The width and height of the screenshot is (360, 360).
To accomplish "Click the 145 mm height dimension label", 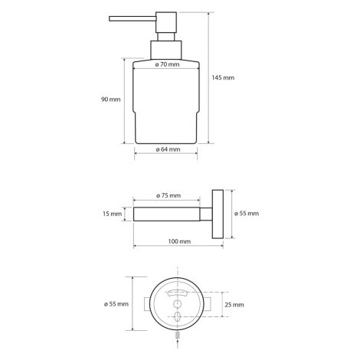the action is tap(223, 77).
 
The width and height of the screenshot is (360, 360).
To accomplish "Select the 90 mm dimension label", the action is tap(111, 100).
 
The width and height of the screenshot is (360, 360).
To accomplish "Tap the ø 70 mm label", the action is tap(167, 64).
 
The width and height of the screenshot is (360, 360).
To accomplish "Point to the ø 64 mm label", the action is tap(168, 149).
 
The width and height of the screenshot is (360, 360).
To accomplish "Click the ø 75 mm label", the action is tap(169, 195).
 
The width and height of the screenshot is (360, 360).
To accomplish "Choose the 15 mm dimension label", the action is tap(113, 214).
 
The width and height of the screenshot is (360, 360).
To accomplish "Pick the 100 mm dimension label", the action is tap(179, 241).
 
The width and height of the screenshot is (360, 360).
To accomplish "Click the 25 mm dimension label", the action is tap(234, 305).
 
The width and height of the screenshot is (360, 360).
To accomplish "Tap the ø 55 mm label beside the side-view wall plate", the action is tap(247, 213).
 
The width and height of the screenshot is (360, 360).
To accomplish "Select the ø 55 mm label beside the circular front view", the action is tap(116, 304).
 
